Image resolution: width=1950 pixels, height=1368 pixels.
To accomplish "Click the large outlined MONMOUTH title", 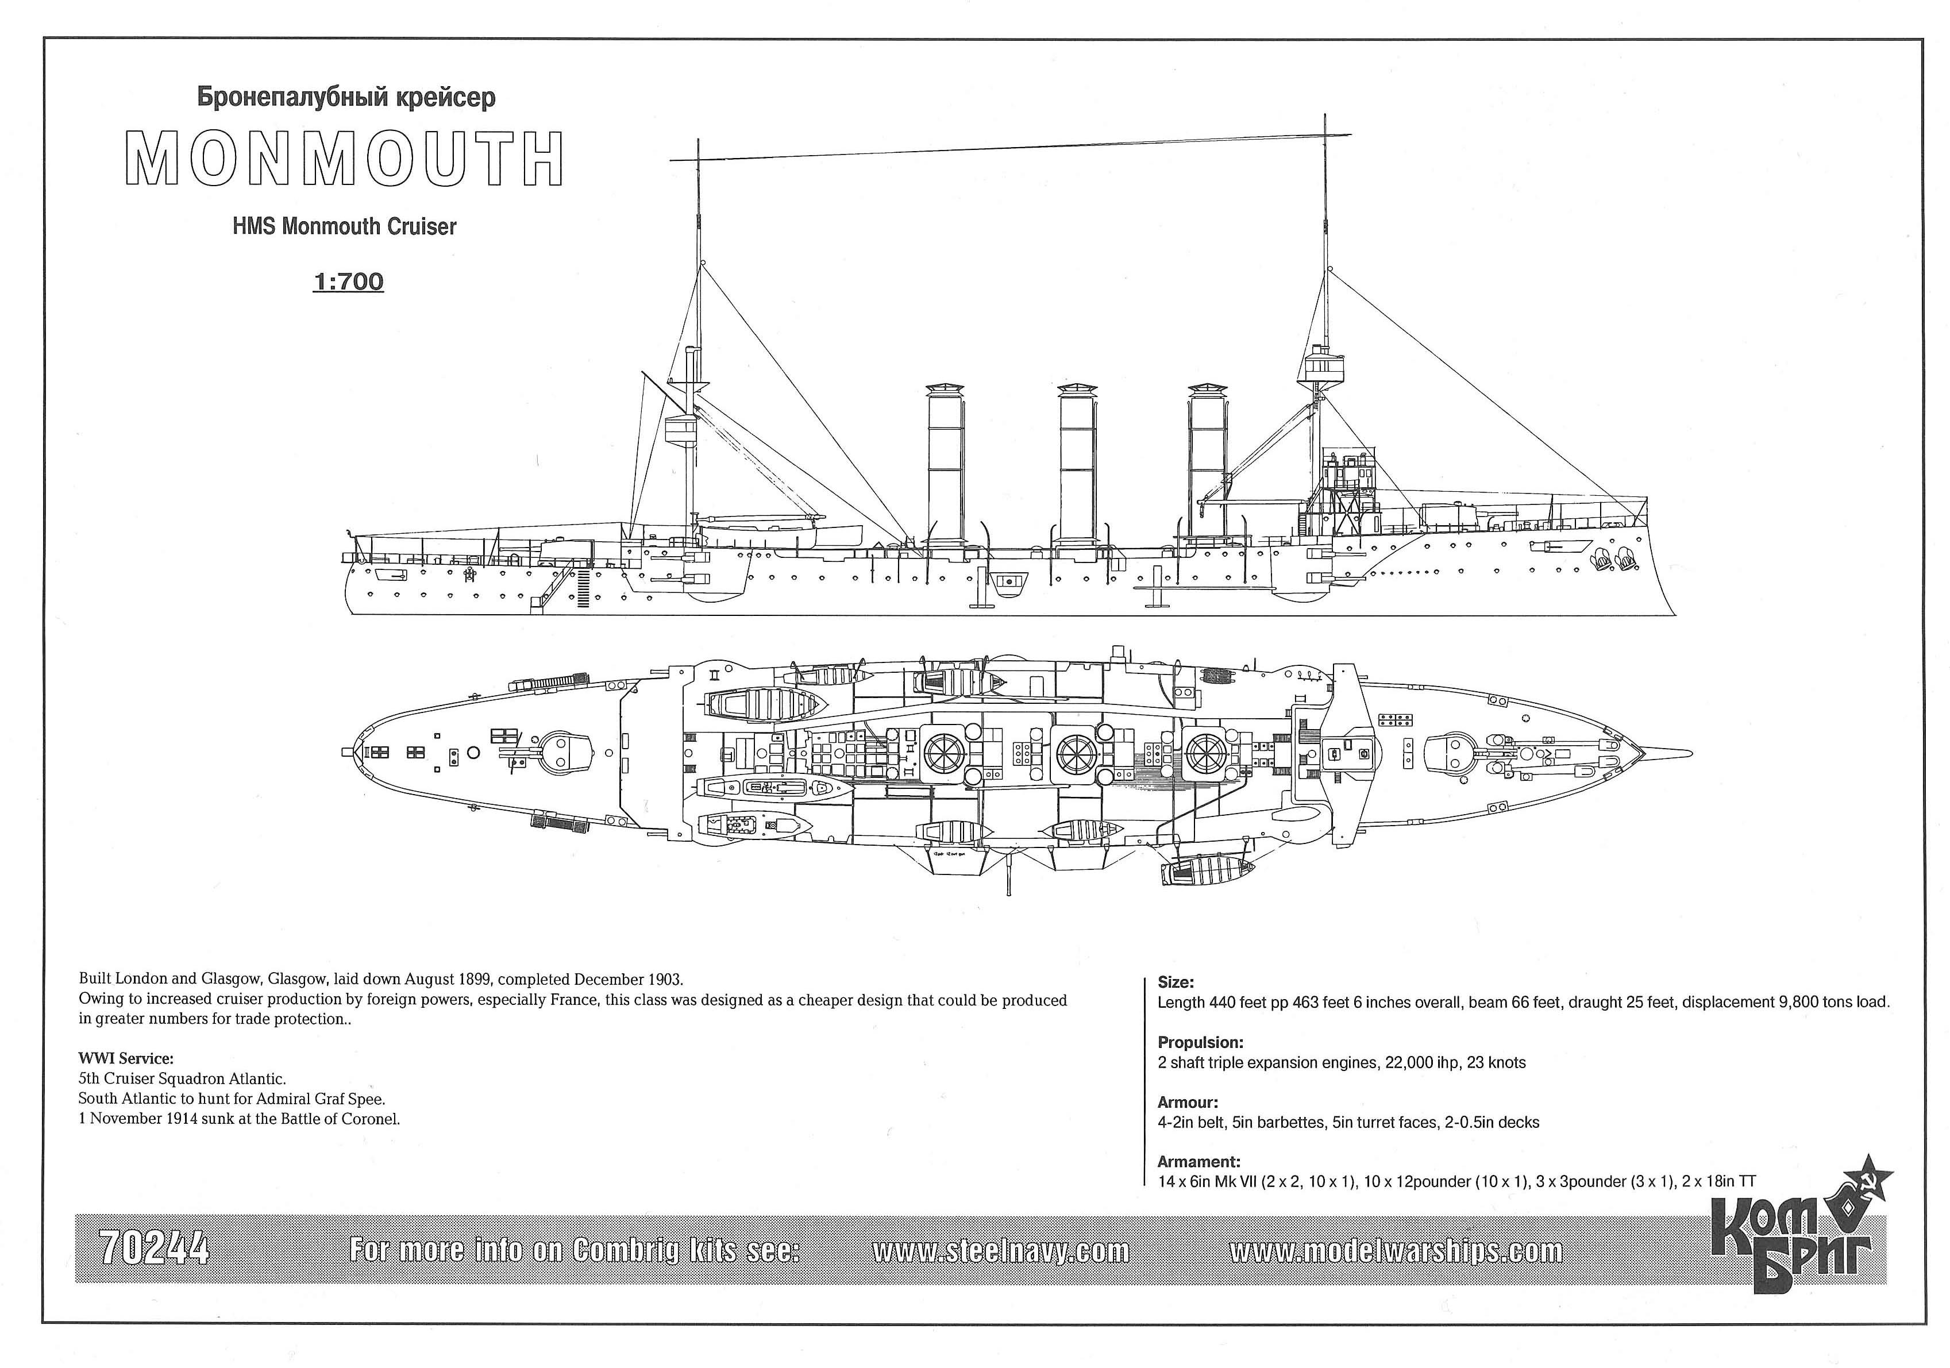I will (x=344, y=159).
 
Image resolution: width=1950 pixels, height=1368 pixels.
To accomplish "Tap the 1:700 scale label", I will (x=348, y=282).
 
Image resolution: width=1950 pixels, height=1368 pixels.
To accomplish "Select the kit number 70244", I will (x=154, y=1249).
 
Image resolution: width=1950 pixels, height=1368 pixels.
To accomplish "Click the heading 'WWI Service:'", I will (x=126, y=1059).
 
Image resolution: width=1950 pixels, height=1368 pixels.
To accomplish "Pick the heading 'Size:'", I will (x=1176, y=982).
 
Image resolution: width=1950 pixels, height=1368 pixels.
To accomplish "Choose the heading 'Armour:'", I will (x=1188, y=1102).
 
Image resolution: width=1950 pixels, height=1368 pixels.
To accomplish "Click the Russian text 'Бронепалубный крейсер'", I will (x=346, y=98).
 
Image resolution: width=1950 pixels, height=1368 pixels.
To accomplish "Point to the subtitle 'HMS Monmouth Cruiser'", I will (x=344, y=227).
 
